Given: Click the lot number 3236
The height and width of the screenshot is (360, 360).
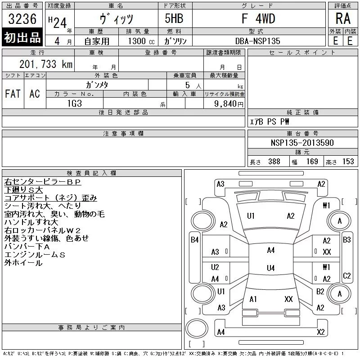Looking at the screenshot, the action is pos(22,18).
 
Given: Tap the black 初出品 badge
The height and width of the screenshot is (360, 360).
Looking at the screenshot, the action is pos(22,37).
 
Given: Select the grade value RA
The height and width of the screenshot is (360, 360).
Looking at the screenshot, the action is pos(343,18).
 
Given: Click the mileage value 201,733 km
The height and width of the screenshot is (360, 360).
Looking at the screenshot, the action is pos(46,64).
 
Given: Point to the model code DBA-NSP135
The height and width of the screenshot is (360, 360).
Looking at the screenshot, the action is pos(257,41).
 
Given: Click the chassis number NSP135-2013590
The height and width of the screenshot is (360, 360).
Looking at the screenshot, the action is pos(302,143).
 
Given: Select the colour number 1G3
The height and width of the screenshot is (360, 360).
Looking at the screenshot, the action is pos(75,103).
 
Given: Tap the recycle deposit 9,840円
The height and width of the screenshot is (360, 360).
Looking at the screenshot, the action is pos(229,103).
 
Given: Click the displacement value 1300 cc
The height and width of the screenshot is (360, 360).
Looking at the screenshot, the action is pos(141,41).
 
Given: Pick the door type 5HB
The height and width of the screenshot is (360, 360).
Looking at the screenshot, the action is pos(174,18).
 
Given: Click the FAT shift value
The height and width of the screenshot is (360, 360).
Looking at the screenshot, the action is pos(13,94).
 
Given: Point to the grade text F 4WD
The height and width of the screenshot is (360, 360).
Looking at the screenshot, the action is pos(258,18).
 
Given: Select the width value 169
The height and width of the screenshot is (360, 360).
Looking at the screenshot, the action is pos(312,162).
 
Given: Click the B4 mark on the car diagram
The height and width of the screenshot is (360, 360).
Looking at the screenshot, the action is pos(195,240).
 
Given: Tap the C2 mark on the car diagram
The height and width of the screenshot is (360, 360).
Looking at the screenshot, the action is pos(346,275).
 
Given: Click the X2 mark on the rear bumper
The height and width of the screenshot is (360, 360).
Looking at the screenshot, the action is pos(320,332).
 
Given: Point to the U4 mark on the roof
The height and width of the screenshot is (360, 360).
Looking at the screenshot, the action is pos(271,268).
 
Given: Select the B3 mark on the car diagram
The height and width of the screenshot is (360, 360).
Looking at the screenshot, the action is pos(346,240).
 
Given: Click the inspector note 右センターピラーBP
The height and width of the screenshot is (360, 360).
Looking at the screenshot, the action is pos(43,182).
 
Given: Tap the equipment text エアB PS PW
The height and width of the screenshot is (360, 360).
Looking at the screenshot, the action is pos(269,121).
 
